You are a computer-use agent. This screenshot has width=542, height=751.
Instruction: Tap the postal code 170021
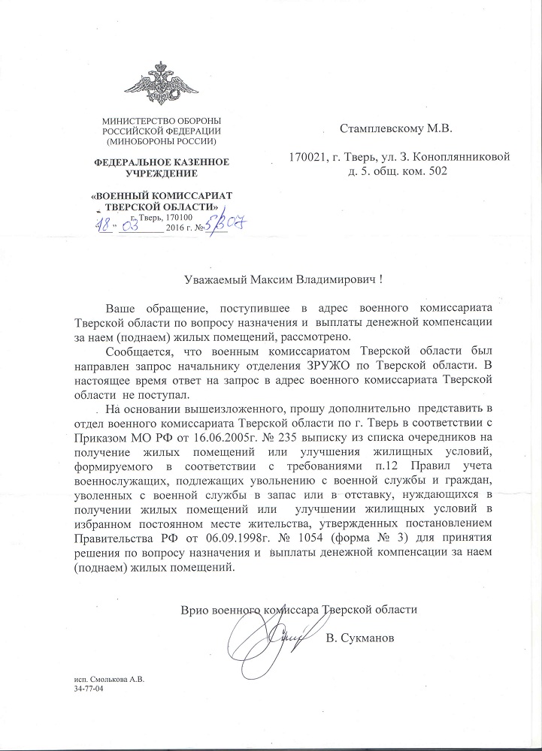pyautogui.click(x=307, y=158)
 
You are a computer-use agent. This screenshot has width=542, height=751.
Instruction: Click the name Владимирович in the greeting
pyautogui.click(x=332, y=279)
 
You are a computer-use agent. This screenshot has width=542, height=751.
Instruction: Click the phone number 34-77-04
pyautogui.click(x=88, y=689)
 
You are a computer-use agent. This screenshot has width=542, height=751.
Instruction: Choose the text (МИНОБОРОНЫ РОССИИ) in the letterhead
pyautogui.click(x=162, y=141)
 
